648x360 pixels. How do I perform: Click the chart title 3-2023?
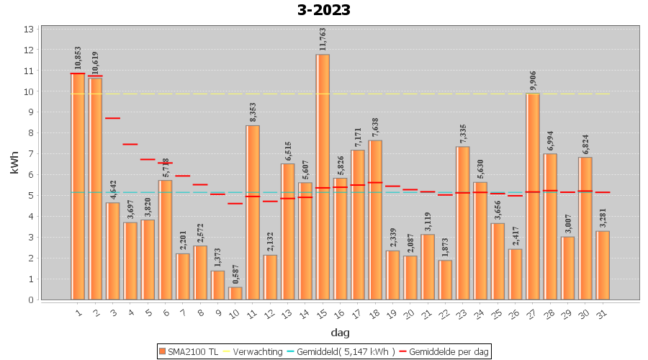pyautogui.click(x=324, y=10)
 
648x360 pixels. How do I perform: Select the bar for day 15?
pyautogui.click(x=323, y=176)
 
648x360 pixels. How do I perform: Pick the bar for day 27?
pyautogui.click(x=533, y=196)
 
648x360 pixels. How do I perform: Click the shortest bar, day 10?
pyautogui.click(x=235, y=293)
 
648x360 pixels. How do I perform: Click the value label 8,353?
pyautogui.click(x=253, y=111)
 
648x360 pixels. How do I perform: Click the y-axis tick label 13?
pyautogui.click(x=30, y=30)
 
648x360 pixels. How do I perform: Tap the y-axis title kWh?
pyautogui.click(x=14, y=163)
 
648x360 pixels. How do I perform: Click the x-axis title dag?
pyautogui.click(x=340, y=332)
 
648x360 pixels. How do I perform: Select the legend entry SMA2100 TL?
pyautogui.click(x=188, y=351)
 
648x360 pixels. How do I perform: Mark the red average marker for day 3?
pyautogui.click(x=113, y=118)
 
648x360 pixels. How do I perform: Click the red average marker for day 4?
pyautogui.click(x=130, y=144)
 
